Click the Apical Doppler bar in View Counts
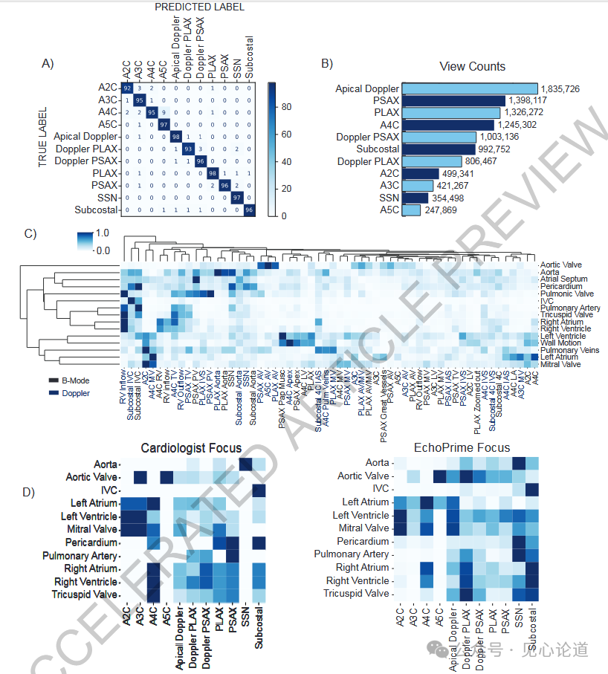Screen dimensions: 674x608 click(470, 88)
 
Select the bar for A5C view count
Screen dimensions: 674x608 click(411, 210)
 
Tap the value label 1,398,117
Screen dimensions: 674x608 click(528, 101)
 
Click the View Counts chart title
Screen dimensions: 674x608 click(472, 66)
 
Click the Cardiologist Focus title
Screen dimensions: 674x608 click(191, 447)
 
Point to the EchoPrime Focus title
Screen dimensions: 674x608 click(462, 447)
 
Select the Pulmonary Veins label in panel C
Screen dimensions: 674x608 click(566, 350)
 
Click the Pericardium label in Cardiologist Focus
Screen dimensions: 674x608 click(91, 542)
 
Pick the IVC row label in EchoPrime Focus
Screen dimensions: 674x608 click(381, 489)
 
